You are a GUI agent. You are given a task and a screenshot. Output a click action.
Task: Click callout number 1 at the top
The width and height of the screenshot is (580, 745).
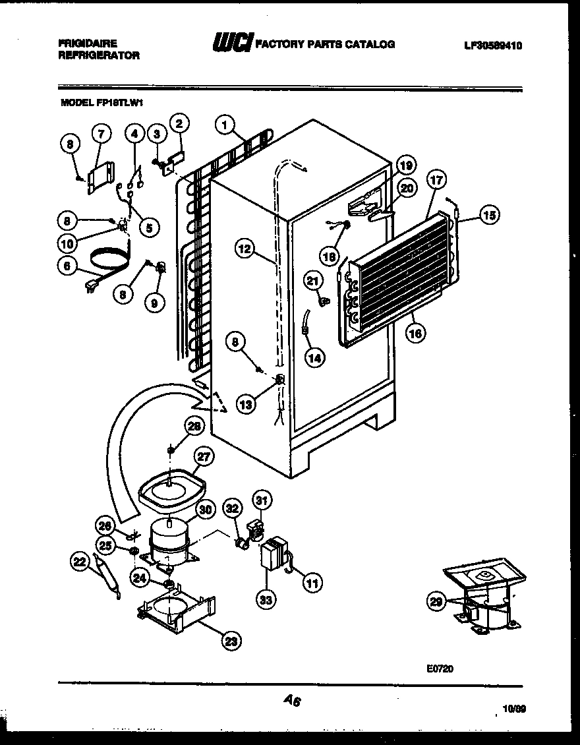pos(225,124)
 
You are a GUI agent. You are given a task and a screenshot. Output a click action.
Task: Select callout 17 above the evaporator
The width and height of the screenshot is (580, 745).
pos(436,179)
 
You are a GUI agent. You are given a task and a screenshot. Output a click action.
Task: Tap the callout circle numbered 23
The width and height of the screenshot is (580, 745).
pos(232,640)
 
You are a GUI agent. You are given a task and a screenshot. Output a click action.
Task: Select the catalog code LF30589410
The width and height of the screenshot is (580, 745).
pos(494,46)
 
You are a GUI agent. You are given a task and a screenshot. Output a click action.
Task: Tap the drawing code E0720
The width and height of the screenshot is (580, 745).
pos(440,669)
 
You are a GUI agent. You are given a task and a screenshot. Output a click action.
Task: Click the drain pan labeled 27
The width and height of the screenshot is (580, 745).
pos(170,489)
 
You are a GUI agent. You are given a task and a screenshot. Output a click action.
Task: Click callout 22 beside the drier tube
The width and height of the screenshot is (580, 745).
pos(79,561)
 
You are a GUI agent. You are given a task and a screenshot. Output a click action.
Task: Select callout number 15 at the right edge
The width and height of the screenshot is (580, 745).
pos(489,214)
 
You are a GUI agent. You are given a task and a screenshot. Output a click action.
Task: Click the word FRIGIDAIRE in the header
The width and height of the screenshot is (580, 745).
pos(88,43)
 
